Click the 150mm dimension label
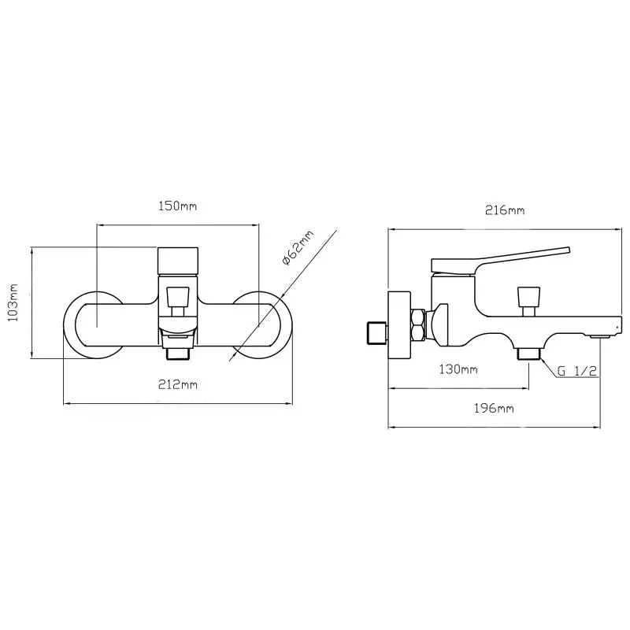177,206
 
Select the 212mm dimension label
178,384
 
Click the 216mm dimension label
505,210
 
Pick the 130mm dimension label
458,369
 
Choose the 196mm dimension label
496,408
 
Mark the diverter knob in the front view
178,297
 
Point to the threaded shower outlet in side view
528,354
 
